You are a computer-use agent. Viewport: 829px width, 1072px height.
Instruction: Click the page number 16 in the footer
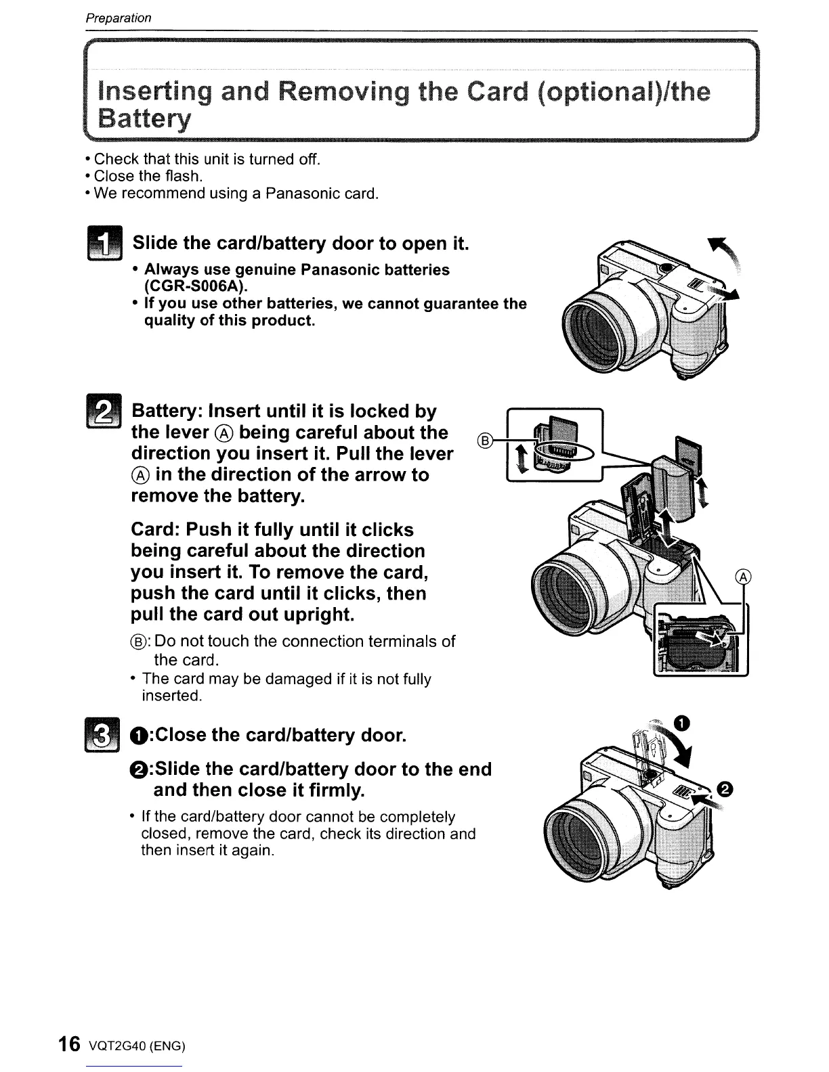point(69,1044)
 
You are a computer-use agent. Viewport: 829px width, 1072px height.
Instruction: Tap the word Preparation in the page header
point(118,18)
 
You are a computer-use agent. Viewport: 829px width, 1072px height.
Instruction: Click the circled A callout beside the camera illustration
point(743,577)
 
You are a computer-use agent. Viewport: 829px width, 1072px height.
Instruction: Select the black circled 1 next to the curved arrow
point(683,723)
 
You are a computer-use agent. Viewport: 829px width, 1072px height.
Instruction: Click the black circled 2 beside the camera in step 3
point(725,789)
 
